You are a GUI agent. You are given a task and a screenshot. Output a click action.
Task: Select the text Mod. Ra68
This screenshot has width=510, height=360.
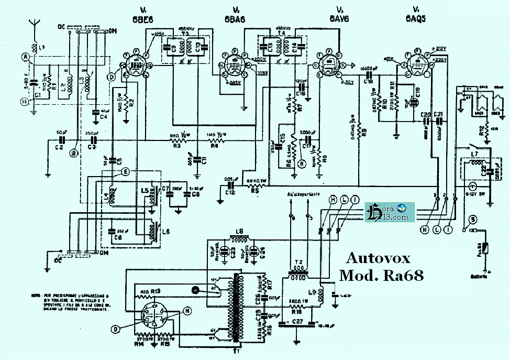click(x=381, y=275)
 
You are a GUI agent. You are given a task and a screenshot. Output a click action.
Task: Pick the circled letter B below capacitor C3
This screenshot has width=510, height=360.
click(x=74, y=153)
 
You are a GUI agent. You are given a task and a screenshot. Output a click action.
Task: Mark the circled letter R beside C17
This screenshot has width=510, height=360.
click(x=301, y=163)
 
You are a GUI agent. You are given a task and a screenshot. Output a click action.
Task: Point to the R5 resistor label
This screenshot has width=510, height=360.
click(x=255, y=191)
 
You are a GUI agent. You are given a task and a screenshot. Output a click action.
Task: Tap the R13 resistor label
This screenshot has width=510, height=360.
click(x=155, y=290)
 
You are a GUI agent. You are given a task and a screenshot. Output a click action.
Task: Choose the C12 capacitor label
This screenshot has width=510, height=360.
click(x=229, y=192)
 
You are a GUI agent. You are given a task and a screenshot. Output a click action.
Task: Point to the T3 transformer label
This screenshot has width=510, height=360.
click(x=185, y=32)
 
